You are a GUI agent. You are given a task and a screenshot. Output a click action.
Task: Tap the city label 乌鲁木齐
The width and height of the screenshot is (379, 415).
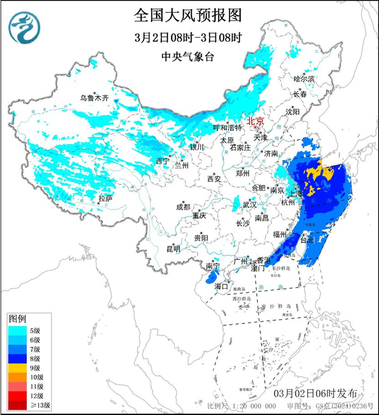click(x=94, y=98)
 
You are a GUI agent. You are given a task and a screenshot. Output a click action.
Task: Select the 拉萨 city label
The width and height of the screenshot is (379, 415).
click(x=105, y=200)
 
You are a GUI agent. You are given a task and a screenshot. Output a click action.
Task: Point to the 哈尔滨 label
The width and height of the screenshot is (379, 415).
click(x=304, y=78)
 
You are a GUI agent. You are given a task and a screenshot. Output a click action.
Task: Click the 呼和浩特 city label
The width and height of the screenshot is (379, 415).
click(x=227, y=128)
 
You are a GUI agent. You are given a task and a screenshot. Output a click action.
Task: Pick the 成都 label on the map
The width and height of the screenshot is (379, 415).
click(x=183, y=207)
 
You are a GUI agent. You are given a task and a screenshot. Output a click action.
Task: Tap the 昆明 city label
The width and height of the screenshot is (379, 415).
click(x=173, y=249)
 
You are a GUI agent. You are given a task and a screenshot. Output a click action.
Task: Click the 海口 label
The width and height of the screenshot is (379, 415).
click(x=221, y=286)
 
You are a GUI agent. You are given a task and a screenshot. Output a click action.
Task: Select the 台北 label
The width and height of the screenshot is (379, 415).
click(x=306, y=239)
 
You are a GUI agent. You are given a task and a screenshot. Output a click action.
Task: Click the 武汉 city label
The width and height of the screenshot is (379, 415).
click(x=250, y=205)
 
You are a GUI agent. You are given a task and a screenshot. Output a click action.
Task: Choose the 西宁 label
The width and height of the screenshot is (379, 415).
click(x=162, y=161)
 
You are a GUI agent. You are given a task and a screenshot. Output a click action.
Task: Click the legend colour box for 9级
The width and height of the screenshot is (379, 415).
click(x=17, y=367)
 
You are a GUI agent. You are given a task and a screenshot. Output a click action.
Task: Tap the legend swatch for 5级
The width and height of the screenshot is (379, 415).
click(x=17, y=330)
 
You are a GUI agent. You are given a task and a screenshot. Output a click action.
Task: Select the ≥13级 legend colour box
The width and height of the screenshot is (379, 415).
click(x=17, y=405)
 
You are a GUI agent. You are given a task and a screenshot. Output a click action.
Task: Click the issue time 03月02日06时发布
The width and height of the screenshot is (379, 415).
click(x=324, y=392)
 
